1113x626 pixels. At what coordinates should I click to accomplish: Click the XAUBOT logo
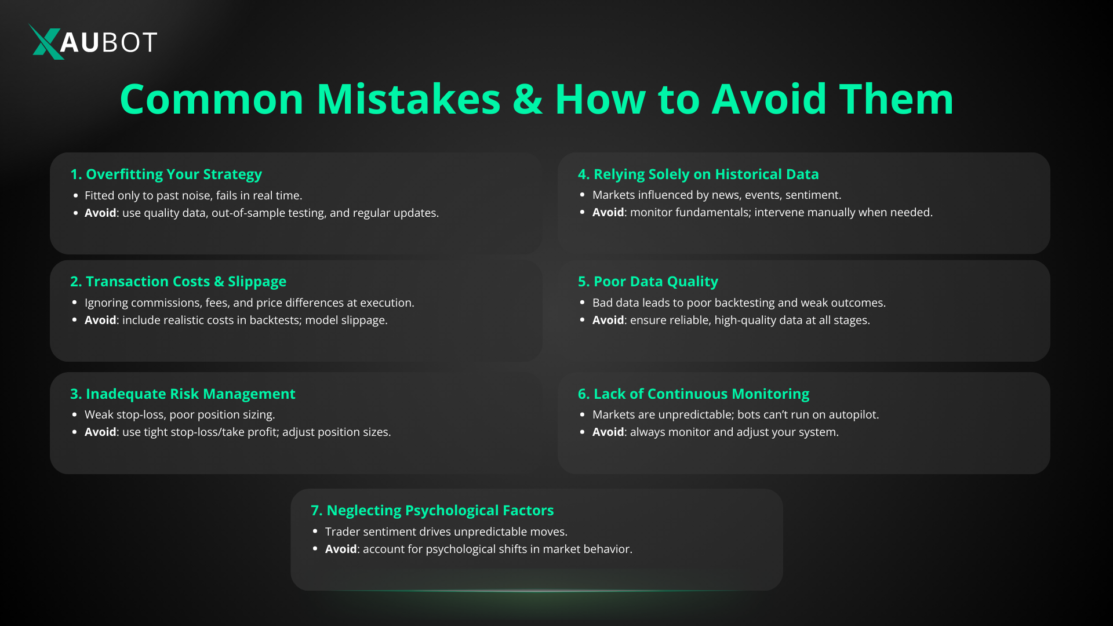point(93,42)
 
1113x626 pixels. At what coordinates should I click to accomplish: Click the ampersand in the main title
point(528,99)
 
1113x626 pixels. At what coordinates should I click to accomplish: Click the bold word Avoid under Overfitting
point(100,213)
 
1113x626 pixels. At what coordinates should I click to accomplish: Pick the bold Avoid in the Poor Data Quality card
point(608,320)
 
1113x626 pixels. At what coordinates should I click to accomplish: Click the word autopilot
point(853,415)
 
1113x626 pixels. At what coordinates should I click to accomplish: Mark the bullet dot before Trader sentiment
point(315,532)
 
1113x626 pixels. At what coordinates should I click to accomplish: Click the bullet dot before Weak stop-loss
point(75,414)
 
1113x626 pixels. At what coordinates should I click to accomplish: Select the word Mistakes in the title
point(409,99)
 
